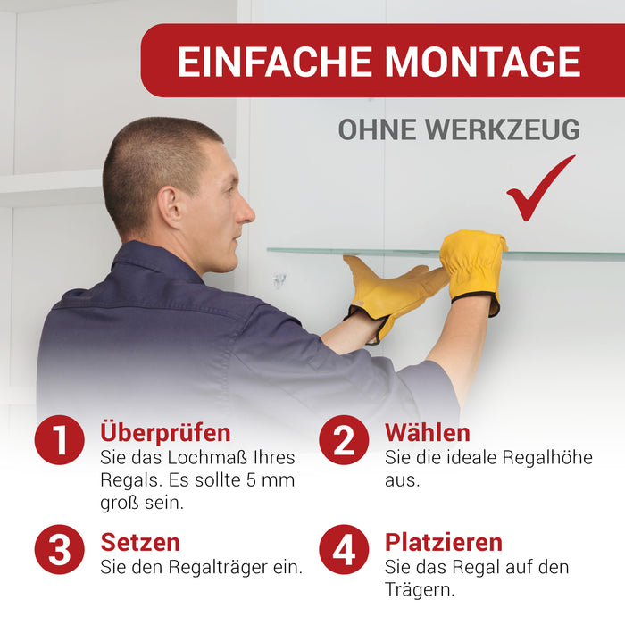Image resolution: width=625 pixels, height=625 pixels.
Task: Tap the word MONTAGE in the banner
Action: coord(483,62)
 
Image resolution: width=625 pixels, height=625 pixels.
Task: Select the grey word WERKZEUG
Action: coord(502,129)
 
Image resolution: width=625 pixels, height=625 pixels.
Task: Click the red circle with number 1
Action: coord(60,439)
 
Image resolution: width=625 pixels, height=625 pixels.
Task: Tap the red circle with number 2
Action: coord(344,439)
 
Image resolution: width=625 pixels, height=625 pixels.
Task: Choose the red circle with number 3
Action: coord(60,549)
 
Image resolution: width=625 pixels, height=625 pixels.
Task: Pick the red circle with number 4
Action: coord(344,549)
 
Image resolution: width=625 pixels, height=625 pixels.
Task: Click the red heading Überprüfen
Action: coord(165,433)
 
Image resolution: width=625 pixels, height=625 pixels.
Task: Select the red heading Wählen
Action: coord(428,432)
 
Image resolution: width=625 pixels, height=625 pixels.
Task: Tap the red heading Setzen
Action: coord(140,543)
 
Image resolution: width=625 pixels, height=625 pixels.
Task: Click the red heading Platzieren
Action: coord(444,543)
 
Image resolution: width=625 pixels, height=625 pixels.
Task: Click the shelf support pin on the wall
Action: coord(279,280)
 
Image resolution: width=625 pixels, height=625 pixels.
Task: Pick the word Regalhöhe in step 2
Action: coord(547,457)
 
